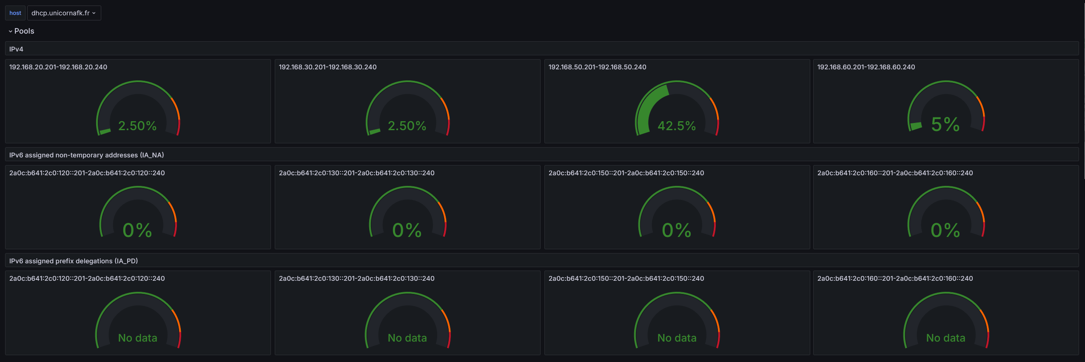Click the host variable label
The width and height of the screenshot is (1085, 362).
click(15, 13)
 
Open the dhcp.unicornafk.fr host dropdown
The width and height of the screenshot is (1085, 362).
click(63, 13)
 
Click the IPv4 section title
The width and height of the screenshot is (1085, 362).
click(16, 49)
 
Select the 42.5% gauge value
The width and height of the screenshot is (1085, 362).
click(676, 126)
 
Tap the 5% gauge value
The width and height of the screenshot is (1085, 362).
click(945, 125)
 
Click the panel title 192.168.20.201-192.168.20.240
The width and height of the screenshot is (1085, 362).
click(58, 67)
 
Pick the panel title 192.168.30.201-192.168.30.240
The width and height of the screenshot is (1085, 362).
click(327, 67)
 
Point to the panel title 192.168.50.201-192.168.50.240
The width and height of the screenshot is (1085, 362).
click(597, 67)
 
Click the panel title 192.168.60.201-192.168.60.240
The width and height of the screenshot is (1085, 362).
click(866, 67)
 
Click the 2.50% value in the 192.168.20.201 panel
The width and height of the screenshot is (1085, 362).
click(137, 126)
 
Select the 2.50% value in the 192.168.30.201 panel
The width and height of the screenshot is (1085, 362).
click(407, 126)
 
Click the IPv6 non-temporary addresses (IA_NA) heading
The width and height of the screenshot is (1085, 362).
click(86, 155)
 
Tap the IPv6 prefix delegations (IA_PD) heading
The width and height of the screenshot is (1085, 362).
click(74, 261)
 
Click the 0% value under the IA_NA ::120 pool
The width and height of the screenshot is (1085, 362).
click(137, 231)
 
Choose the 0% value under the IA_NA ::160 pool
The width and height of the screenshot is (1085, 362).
click(945, 231)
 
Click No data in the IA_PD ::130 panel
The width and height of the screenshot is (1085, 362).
click(407, 338)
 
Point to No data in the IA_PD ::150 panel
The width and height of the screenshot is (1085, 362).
click(677, 338)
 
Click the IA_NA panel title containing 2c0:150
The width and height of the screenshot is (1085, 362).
click(626, 173)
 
